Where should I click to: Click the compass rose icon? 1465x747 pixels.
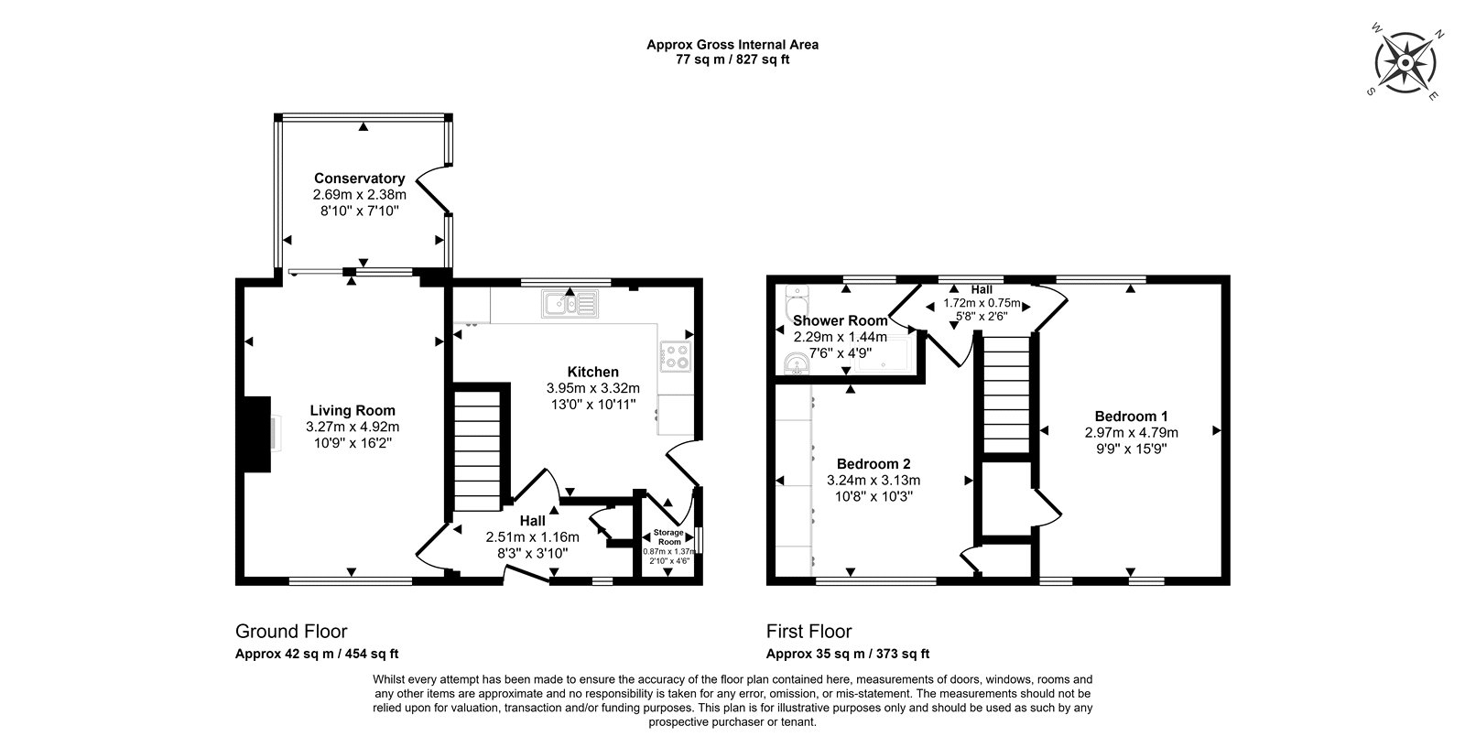pyautogui.click(x=1405, y=63)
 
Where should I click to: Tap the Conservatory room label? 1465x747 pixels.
pyautogui.click(x=359, y=178)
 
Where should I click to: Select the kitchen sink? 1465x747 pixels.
pyautogui.click(x=570, y=304)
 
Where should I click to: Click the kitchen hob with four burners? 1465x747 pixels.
pyautogui.click(x=676, y=356)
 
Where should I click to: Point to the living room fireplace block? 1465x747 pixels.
pyautogui.click(x=257, y=434)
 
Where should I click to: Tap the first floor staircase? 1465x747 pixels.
pyautogui.click(x=1006, y=395)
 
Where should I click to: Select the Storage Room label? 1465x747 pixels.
pyautogui.click(x=668, y=537)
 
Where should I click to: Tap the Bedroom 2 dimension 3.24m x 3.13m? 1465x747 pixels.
pyautogui.click(x=874, y=480)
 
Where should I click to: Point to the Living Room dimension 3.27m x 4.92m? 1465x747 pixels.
pyautogui.click(x=353, y=427)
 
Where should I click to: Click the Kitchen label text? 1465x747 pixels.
pyautogui.click(x=593, y=372)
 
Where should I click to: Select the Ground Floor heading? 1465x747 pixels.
pyautogui.click(x=291, y=632)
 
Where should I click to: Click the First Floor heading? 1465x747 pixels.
pyautogui.click(x=809, y=632)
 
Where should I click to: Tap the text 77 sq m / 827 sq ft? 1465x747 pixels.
pyautogui.click(x=732, y=60)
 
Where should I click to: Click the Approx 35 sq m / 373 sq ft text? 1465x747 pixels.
pyautogui.click(x=848, y=654)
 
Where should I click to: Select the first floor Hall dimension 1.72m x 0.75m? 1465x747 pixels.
pyautogui.click(x=982, y=303)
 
